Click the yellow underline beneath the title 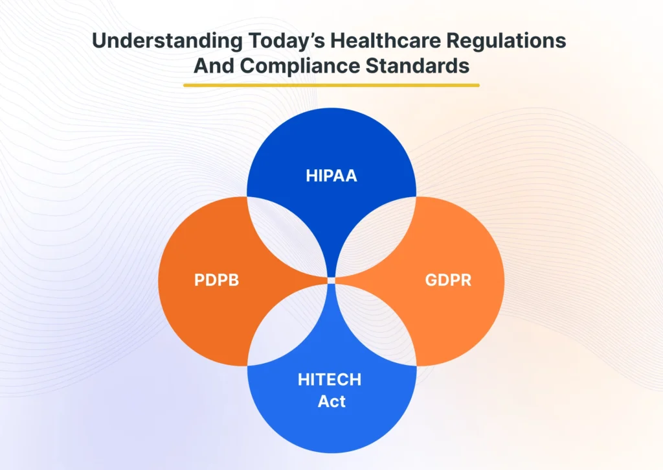tap(331, 85)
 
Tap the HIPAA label tap(331, 176)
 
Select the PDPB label tap(217, 281)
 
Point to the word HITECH tap(331, 380)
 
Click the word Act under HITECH tap(331, 401)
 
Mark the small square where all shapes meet tap(331, 280)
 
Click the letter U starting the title tap(99, 41)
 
